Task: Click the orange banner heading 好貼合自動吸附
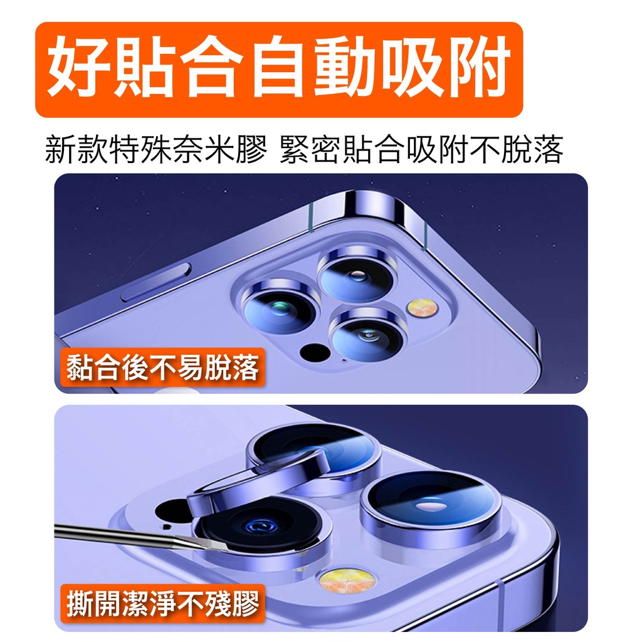click(x=279, y=70)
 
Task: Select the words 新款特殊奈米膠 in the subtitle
click(x=156, y=149)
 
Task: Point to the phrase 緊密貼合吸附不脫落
click(x=421, y=149)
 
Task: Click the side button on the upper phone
click(x=155, y=282)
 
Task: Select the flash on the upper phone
click(x=423, y=307)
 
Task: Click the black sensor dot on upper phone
click(x=315, y=352)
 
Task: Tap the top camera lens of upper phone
click(x=357, y=272)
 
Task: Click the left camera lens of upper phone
click(x=280, y=306)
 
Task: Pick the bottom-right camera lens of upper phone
click(x=369, y=335)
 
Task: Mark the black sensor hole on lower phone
click(x=172, y=510)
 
